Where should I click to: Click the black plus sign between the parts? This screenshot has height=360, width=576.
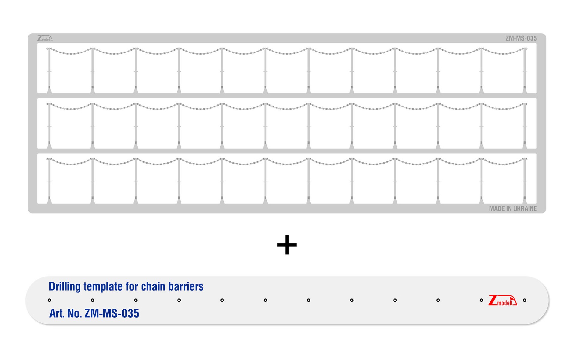coord(287,245)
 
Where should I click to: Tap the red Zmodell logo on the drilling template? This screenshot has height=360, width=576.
coord(502,300)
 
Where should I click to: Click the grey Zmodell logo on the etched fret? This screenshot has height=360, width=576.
coord(45,38)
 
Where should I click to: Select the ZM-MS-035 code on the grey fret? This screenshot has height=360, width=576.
coord(521,38)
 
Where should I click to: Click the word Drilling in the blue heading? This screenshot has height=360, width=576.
coord(64,287)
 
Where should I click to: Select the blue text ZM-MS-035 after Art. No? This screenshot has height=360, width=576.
coord(112,313)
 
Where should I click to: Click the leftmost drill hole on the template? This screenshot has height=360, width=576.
coord(49,300)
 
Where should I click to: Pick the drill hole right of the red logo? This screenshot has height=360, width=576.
coord(525,300)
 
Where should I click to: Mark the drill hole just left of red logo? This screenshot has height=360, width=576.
coord(481,300)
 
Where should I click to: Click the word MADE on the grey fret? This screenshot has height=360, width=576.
coord(497,209)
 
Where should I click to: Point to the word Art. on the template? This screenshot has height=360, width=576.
coord(57,313)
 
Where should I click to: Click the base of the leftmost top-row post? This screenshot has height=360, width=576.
coord(49,90)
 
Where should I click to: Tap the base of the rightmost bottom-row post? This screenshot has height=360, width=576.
coord(525,200)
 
